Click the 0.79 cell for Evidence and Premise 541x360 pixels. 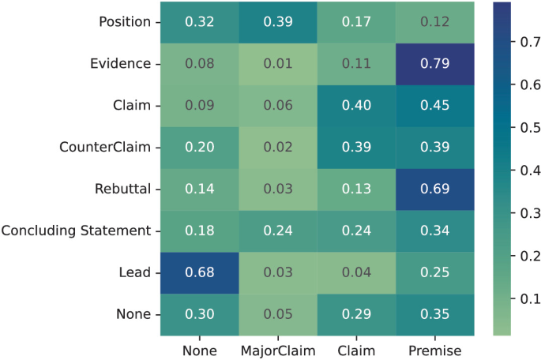(434, 64)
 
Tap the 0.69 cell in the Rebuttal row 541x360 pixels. (434, 189)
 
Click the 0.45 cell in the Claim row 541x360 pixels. (434, 106)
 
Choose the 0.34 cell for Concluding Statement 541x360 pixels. (434, 231)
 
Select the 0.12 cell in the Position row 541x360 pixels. (434, 22)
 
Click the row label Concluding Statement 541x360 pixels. (76, 231)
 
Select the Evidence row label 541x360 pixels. (121, 64)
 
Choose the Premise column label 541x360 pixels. (434, 347)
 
